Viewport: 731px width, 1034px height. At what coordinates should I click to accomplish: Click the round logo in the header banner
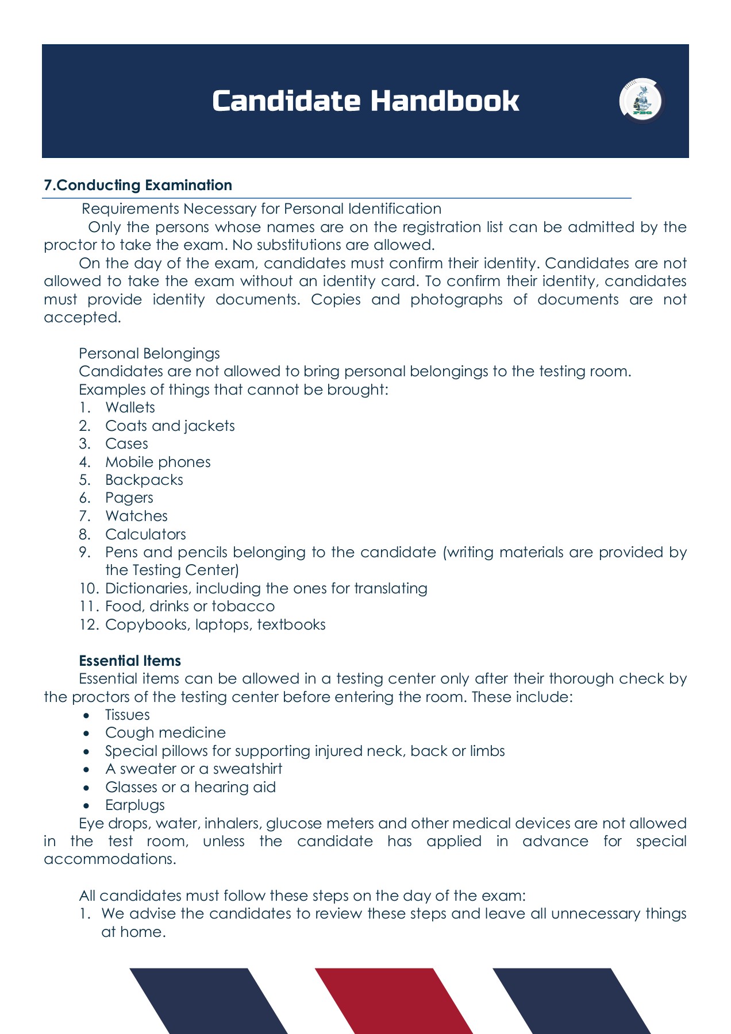coord(641,101)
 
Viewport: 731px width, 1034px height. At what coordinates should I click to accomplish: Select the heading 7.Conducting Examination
coord(138,185)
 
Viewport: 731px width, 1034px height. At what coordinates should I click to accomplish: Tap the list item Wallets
coord(130,407)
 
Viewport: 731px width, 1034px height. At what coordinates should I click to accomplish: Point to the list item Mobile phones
coord(157,462)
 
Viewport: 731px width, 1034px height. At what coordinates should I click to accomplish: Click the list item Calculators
coord(145,534)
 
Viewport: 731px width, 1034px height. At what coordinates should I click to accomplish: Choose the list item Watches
coord(136,516)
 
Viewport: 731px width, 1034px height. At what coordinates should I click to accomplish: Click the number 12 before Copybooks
coord(89,624)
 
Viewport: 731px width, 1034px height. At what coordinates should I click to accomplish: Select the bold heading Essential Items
coord(130,661)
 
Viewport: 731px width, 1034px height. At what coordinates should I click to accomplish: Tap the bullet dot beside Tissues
coord(86,715)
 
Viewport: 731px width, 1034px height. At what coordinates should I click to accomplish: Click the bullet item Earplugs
coord(134,805)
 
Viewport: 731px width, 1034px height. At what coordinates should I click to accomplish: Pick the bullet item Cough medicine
coord(165,733)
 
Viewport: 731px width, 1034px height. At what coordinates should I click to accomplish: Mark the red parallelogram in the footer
coord(393,1001)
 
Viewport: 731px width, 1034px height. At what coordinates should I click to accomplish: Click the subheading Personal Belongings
coord(149,353)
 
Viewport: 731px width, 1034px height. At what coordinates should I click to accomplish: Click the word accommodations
coord(109,859)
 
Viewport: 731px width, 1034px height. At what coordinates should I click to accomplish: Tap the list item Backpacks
coord(144,480)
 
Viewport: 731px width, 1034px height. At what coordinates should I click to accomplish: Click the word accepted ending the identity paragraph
coord(82,318)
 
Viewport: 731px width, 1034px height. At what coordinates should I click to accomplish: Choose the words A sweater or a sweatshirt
coord(193,769)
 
